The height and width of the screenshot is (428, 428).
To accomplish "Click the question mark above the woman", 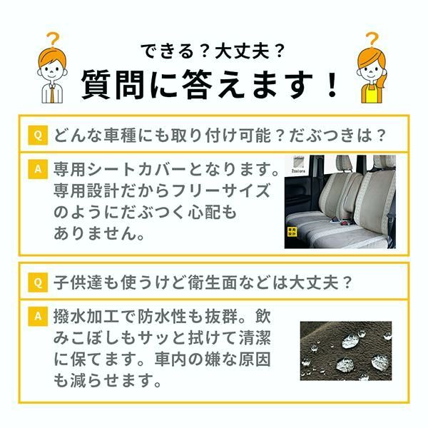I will click(372, 41).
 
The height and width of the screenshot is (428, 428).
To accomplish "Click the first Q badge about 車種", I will click(37, 134).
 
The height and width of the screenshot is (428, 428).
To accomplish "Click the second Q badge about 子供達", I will click(37, 282).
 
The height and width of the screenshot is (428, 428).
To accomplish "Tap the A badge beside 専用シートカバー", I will click(37, 170).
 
